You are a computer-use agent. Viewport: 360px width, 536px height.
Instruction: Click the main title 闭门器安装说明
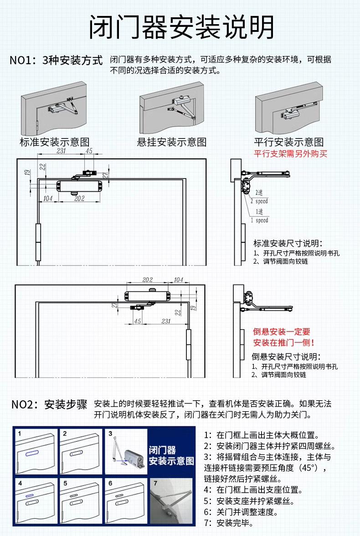click(181, 27)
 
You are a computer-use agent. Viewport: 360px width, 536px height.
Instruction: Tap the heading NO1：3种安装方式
click(56, 61)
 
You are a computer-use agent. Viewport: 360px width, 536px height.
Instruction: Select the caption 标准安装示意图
click(54, 142)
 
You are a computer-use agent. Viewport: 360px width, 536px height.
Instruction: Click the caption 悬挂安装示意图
click(172, 142)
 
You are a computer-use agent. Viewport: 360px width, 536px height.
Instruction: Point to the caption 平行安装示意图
click(289, 142)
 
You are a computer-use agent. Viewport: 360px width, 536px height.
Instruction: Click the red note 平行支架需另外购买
click(290, 154)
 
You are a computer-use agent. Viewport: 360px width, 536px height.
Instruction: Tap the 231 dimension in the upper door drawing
click(61, 151)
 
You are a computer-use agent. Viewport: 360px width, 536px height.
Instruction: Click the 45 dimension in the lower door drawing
click(138, 321)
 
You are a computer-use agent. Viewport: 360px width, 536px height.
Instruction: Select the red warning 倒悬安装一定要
click(281, 332)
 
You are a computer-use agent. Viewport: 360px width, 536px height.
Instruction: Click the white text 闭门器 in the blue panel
click(162, 450)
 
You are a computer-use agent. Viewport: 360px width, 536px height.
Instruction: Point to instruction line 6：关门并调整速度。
click(241, 512)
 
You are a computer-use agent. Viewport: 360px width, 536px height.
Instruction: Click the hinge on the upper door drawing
click(38, 242)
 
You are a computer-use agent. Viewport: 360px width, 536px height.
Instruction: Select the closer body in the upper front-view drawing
click(78, 186)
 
